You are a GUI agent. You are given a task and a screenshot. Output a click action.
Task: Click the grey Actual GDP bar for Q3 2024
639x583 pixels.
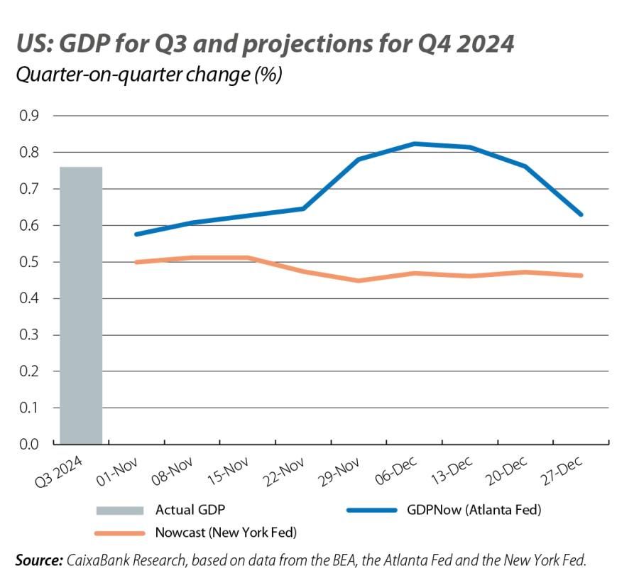[80, 305]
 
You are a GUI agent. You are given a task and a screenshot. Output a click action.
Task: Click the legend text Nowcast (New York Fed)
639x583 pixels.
[225, 532]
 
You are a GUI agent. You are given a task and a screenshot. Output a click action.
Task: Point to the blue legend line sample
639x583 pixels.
[371, 510]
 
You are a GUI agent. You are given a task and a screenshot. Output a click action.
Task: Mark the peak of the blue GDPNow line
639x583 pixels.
[415, 143]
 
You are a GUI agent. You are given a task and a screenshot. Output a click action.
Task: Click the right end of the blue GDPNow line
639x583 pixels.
[581, 214]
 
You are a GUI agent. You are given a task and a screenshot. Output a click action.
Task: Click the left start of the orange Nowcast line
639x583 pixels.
[136, 262]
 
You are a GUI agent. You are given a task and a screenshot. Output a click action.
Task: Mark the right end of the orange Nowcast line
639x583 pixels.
[581, 276]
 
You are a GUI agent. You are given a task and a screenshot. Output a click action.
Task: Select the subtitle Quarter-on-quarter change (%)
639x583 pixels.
[149, 75]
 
